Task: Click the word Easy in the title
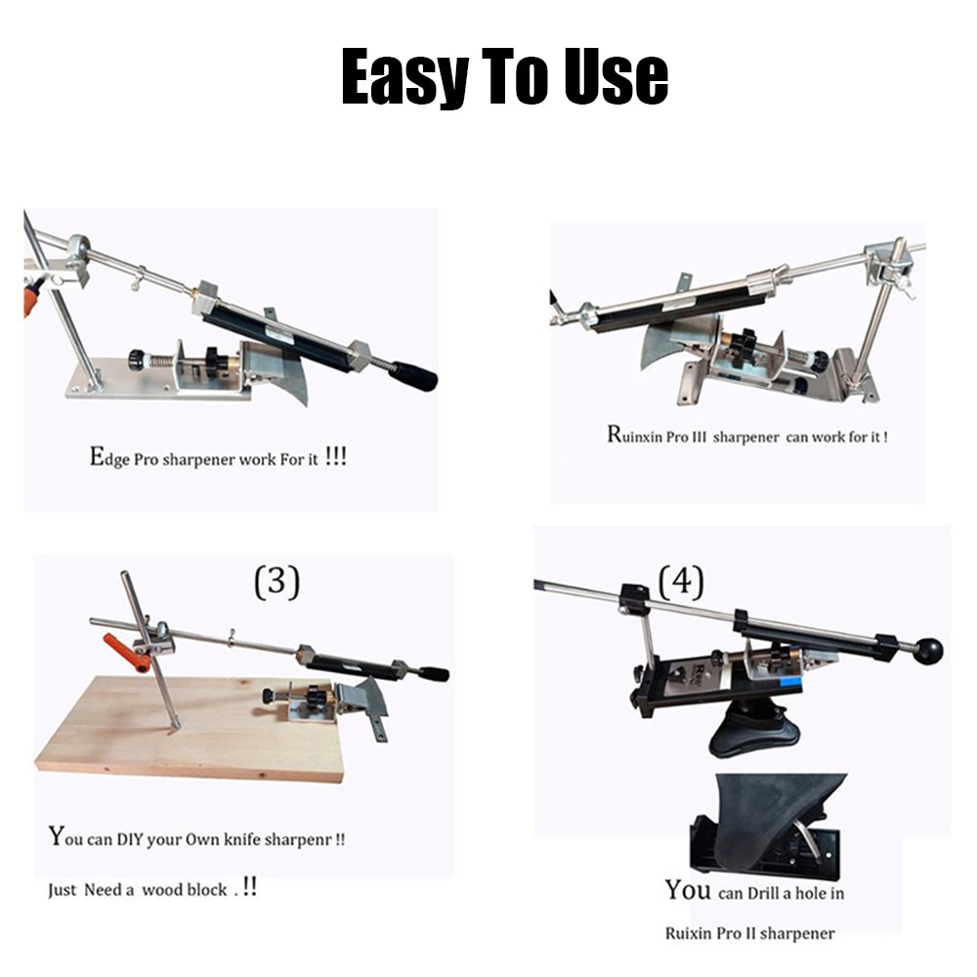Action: [404, 77]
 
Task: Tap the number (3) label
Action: [277, 582]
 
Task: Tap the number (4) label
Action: [682, 582]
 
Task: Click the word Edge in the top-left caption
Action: [109, 457]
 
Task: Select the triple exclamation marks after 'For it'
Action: [336, 456]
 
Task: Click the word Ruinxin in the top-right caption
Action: [635, 435]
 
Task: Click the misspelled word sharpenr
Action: [298, 840]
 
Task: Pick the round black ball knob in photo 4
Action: [928, 651]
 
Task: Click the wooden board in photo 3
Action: [187, 729]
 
